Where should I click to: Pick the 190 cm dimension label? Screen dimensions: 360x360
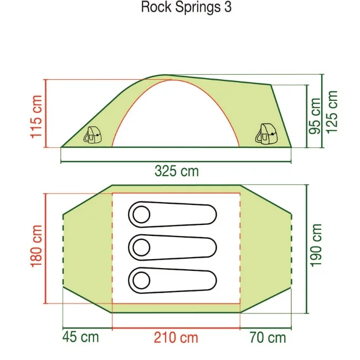tap(316, 245)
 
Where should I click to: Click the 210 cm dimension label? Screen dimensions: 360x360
tap(176, 337)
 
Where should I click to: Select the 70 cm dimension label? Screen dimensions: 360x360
tap(268, 337)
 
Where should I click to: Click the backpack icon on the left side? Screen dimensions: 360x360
tap(92, 135)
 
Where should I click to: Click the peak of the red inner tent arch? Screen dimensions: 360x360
tap(174, 80)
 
